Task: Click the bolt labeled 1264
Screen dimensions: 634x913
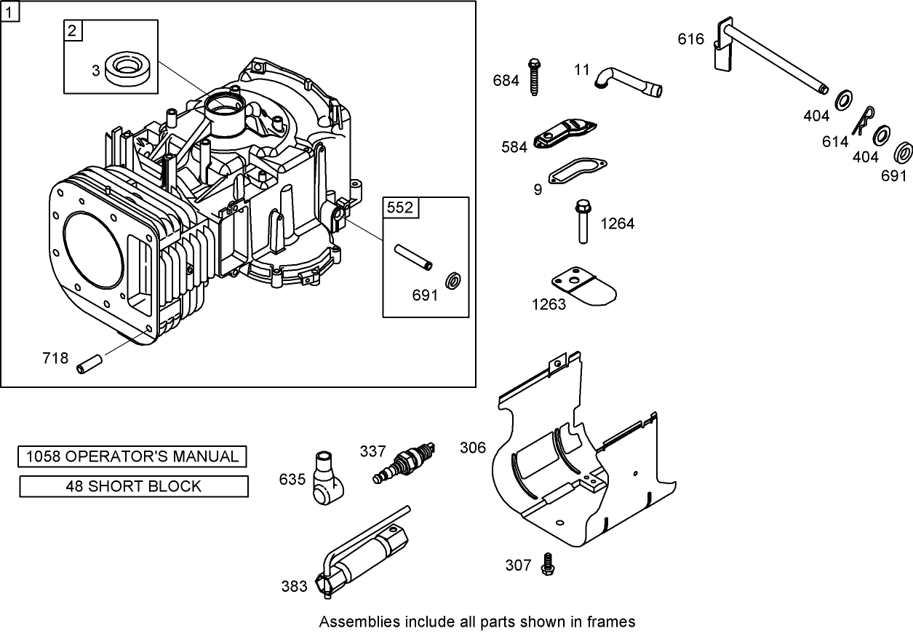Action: (x=583, y=222)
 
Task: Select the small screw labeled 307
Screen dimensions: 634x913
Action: (x=547, y=564)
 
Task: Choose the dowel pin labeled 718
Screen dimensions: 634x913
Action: (x=90, y=361)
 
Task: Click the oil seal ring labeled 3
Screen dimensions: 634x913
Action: (x=131, y=66)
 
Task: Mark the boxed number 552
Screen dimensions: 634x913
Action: (x=399, y=208)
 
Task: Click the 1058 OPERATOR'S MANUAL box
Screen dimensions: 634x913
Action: (x=132, y=456)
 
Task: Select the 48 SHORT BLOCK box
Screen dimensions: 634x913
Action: (x=133, y=486)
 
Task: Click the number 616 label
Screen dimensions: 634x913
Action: (x=690, y=39)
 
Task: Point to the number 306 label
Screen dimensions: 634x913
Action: (x=472, y=448)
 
